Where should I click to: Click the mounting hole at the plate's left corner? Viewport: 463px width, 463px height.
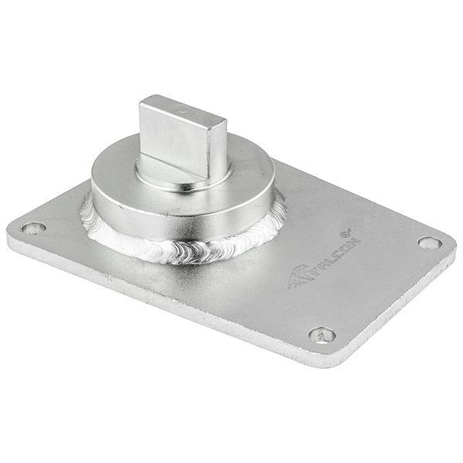[x=34, y=228]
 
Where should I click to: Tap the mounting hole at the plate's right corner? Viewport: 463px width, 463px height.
[x=430, y=243]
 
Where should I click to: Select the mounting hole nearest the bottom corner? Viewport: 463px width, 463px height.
[x=322, y=336]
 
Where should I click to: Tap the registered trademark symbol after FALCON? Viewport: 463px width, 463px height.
[x=345, y=233]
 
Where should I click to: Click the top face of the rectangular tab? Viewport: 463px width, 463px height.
[x=183, y=110]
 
